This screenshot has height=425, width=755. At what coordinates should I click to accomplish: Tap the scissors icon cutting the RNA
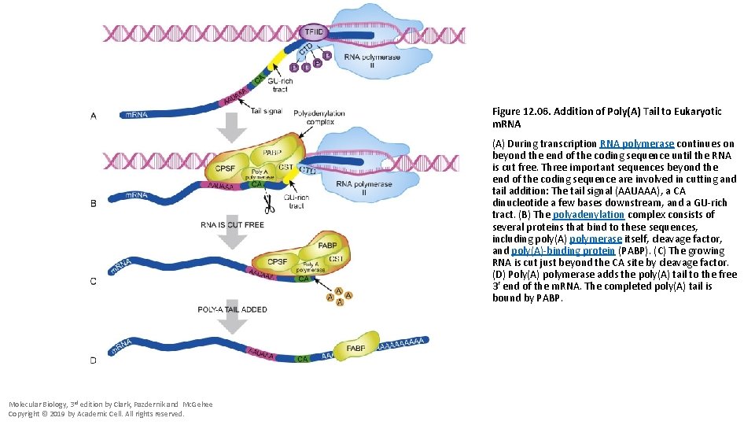[269, 205]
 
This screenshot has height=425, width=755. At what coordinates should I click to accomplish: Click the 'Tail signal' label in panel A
[267, 111]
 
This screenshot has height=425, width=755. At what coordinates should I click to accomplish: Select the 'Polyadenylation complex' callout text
[319, 117]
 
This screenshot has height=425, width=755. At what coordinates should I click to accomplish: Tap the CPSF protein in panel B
[225, 168]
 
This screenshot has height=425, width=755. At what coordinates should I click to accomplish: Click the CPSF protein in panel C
[277, 261]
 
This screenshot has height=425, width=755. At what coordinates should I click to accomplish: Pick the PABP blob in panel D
[355, 347]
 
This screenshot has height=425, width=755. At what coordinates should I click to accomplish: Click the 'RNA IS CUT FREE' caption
[232, 225]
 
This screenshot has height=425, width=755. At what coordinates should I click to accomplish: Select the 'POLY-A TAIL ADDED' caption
[232, 310]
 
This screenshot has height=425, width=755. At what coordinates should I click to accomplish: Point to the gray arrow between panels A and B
[232, 128]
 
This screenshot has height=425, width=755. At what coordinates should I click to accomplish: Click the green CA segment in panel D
[303, 358]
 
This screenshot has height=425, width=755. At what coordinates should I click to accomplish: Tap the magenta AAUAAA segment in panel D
[261, 355]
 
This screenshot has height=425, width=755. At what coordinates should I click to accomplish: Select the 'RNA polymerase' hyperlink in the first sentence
[636, 143]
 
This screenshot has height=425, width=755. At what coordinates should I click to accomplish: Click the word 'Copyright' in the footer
[26, 413]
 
